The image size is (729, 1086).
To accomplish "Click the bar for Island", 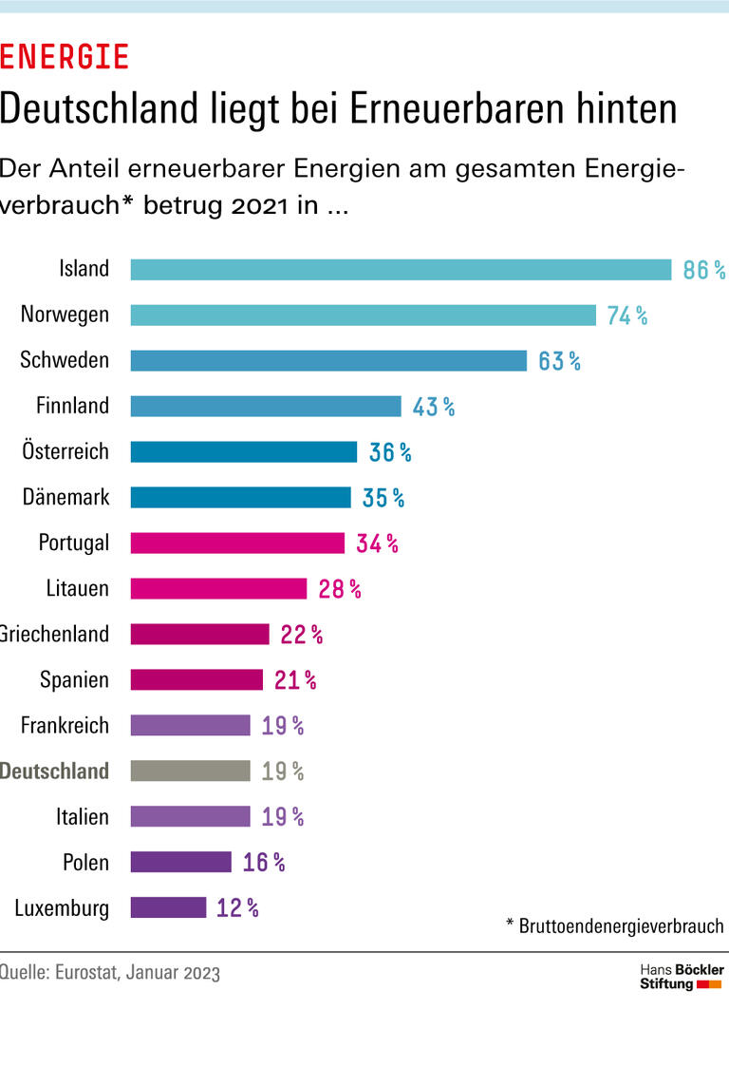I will [x=401, y=270].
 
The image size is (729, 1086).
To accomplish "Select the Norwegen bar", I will [x=363, y=315].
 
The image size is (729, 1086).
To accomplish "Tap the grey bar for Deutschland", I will [x=190, y=771].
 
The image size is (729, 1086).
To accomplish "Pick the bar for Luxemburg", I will [x=168, y=907].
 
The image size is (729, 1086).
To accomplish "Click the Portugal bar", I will [x=237, y=543].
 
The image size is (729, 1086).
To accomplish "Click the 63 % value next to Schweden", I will [x=559, y=361].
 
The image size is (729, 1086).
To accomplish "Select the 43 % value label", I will [x=434, y=407].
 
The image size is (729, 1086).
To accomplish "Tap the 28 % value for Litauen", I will [x=340, y=589].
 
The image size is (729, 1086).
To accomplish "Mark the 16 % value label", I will [x=264, y=863].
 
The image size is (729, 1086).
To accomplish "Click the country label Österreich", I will [x=65, y=451].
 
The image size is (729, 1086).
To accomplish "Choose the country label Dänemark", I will [x=66, y=497].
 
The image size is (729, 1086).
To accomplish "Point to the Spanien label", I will [x=74, y=679].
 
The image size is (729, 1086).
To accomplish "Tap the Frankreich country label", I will [x=65, y=725].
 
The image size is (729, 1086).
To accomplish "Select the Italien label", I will [x=82, y=816].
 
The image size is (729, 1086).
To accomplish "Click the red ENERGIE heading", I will [x=64, y=58].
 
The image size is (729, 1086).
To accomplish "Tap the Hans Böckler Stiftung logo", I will [x=681, y=976].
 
